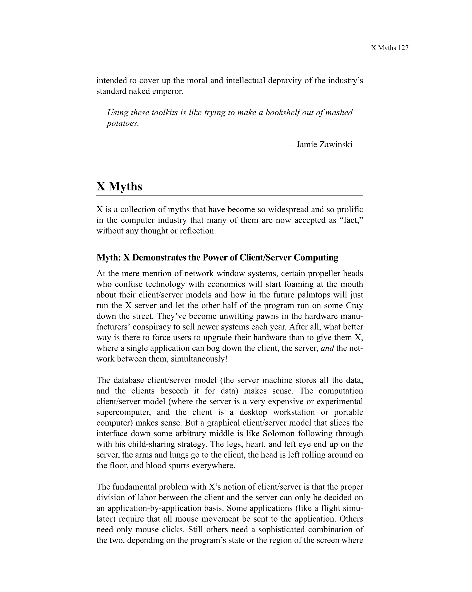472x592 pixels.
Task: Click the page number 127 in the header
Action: [403, 48]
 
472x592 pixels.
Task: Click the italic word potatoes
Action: [123, 124]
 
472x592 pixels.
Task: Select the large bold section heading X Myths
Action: [119, 186]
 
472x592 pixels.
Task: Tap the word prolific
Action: [350, 209]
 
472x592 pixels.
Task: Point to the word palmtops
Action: [314, 295]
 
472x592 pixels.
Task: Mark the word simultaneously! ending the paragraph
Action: [199, 359]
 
